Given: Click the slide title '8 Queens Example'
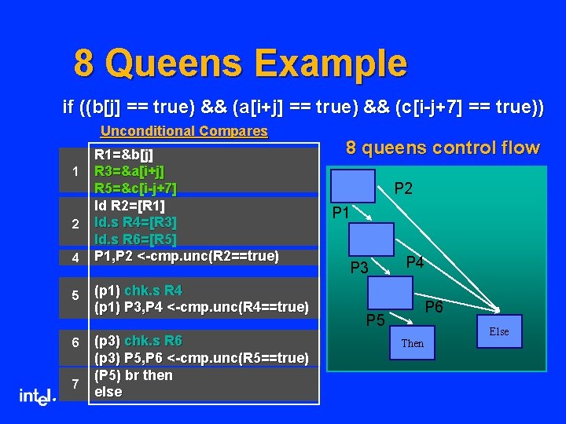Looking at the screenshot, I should (x=241, y=64).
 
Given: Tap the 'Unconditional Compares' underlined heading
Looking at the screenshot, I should (x=184, y=131).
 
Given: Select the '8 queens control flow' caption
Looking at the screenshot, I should (x=443, y=148).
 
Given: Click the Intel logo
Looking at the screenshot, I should (x=37, y=397).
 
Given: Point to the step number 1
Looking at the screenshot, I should (x=75, y=172).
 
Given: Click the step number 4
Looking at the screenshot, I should (x=75, y=257).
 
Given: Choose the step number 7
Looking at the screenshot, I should (x=75, y=384).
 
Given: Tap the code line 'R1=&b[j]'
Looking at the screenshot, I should (x=123, y=154).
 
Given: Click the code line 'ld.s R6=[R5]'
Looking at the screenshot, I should (x=135, y=239).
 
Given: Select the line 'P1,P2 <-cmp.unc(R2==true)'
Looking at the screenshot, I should (x=186, y=256).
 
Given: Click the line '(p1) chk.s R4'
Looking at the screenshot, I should (x=138, y=291).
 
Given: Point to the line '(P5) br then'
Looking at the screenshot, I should (x=133, y=375).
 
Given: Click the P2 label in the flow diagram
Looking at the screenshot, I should (x=403, y=188).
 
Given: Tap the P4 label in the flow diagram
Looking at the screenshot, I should (x=414, y=262).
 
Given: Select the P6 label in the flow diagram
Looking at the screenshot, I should (x=435, y=307).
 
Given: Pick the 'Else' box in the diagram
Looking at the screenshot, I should (x=498, y=331).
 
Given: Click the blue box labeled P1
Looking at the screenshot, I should (x=353, y=186).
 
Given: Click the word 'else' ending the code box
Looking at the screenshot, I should (x=108, y=391).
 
